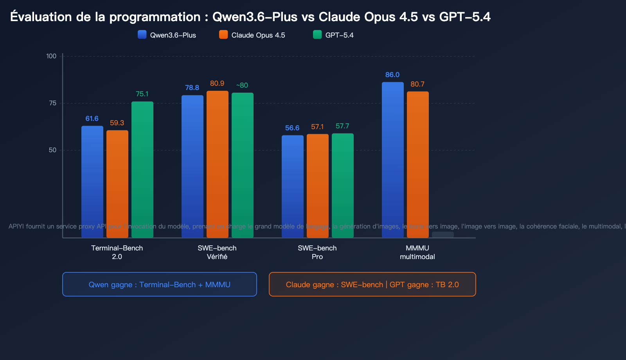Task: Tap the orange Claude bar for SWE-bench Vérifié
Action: (218, 164)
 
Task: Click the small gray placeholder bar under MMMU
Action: (443, 234)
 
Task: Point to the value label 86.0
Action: (392, 75)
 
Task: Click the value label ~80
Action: (242, 85)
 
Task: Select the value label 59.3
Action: (117, 123)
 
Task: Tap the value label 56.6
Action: (292, 128)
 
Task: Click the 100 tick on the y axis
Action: (51, 56)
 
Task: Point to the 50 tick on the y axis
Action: (52, 150)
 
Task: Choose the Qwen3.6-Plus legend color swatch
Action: (142, 34)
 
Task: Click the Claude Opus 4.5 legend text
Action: (258, 35)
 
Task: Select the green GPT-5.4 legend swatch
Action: (317, 34)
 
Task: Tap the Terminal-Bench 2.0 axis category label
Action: (117, 252)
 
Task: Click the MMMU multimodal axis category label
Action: (417, 252)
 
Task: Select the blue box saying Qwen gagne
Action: (160, 284)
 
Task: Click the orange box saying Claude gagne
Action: (372, 284)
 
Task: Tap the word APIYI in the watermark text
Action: (16, 226)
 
